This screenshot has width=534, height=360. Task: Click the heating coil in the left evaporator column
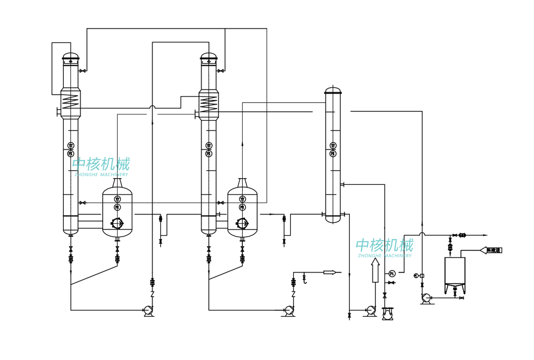[71, 101]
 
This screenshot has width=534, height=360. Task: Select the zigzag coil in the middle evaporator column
[209, 103]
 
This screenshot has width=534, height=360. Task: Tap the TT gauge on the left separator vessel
[118, 199]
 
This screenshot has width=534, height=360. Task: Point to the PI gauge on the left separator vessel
[118, 207]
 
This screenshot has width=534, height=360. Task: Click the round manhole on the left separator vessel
[117, 223]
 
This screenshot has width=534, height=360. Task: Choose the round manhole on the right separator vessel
[242, 223]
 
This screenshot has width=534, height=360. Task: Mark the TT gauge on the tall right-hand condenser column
[333, 145]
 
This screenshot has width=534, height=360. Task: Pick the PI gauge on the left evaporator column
[71, 154]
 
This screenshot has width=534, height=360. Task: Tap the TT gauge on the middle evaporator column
[209, 145]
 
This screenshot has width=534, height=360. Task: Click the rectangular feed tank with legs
[455, 271]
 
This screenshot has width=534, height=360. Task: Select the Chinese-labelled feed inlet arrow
[491, 250]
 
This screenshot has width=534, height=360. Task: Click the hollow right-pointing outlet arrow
[330, 272]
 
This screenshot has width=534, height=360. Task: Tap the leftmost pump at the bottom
[149, 311]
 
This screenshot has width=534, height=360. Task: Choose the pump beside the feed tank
[426, 298]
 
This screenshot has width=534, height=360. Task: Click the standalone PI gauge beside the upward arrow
[392, 274]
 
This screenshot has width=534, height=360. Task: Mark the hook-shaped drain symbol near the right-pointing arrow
[304, 279]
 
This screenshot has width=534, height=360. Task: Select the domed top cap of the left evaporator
[71, 56]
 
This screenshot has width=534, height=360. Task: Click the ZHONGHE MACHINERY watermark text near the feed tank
[384, 256]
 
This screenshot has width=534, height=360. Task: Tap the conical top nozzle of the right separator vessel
[242, 182]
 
